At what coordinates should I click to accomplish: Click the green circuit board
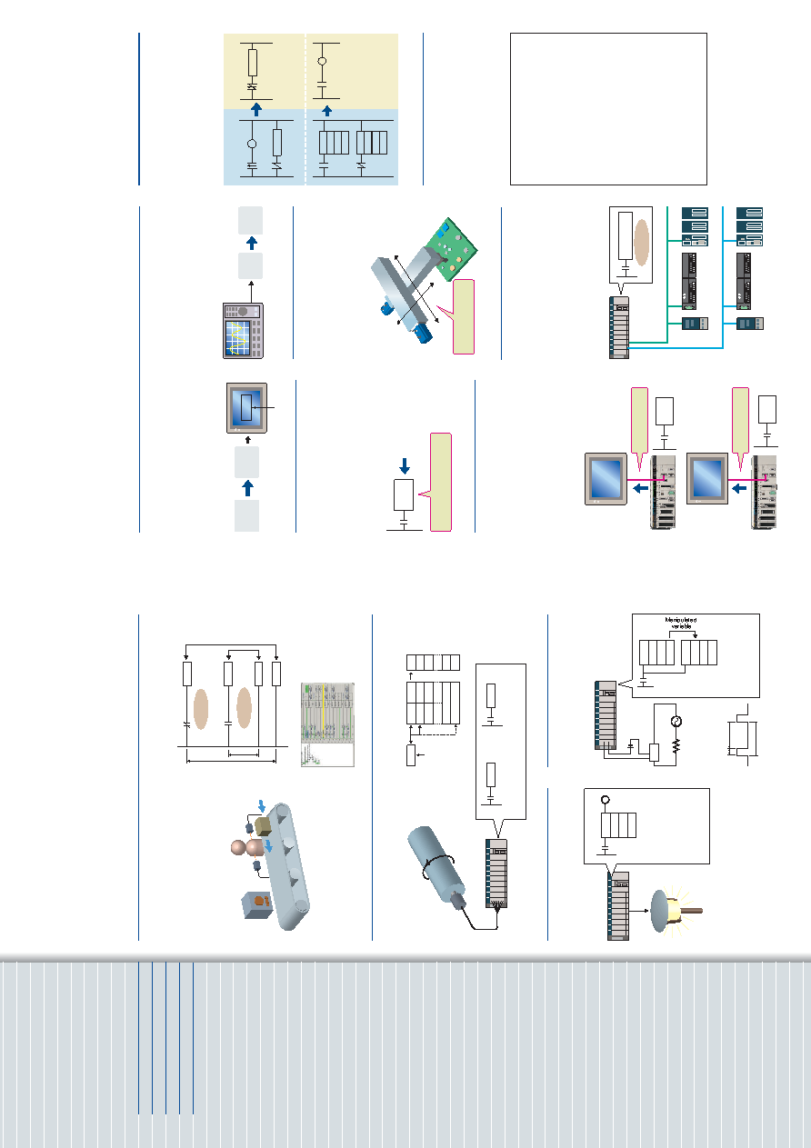(x=451, y=250)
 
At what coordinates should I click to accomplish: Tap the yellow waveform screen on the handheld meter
(x=237, y=338)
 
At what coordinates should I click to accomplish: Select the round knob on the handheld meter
(x=244, y=311)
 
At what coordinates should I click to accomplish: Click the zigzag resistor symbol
(x=676, y=745)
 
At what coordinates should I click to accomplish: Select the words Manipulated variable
(x=681, y=623)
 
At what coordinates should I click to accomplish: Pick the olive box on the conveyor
(x=263, y=826)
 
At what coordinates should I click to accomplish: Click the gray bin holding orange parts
(x=257, y=905)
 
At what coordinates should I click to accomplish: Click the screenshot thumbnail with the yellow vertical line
(x=327, y=724)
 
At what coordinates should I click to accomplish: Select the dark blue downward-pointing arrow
(x=405, y=466)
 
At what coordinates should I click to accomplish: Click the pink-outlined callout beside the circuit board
(x=458, y=316)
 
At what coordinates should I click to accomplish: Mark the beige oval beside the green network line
(x=641, y=243)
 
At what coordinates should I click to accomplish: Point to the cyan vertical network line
(x=722, y=277)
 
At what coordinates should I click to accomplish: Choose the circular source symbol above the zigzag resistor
(x=676, y=721)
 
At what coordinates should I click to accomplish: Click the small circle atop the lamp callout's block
(x=606, y=800)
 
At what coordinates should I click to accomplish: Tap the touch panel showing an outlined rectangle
(x=246, y=408)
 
